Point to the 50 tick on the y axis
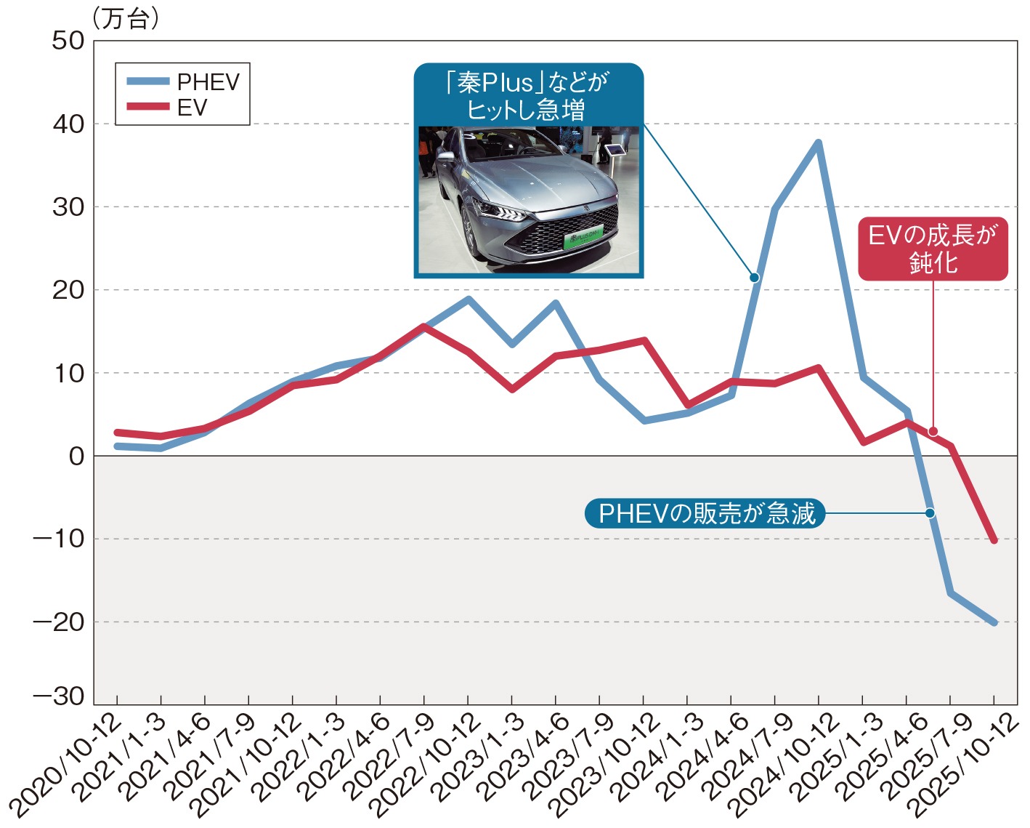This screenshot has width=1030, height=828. point(68,41)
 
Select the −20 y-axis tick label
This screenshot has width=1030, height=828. point(59,622)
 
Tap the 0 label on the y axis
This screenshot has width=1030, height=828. point(76,457)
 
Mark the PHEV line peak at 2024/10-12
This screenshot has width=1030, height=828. point(819,143)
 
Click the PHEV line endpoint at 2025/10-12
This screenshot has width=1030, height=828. point(994,622)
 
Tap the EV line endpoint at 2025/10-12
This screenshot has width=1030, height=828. point(994,540)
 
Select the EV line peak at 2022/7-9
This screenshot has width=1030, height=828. point(424,326)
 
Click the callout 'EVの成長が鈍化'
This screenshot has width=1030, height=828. point(933,249)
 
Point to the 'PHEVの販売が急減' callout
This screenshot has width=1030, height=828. point(705,514)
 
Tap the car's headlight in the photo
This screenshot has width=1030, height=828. point(501,212)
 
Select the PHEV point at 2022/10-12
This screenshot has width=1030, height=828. point(468,299)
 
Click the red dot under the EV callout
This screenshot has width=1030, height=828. point(933,431)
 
